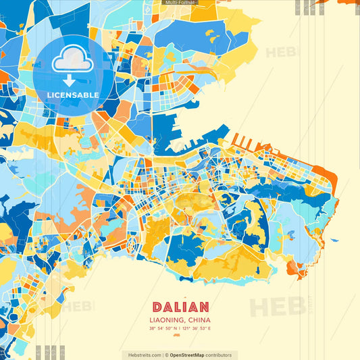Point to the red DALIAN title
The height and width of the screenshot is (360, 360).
coord(180,307)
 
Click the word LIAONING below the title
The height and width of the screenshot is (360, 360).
coord(165,319)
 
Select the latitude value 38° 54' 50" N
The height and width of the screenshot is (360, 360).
coord(164,328)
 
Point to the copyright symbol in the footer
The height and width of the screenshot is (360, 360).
coord(166,355)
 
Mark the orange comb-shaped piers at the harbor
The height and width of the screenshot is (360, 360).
coord(246,143)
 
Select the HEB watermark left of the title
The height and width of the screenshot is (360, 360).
coord(80,307)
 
